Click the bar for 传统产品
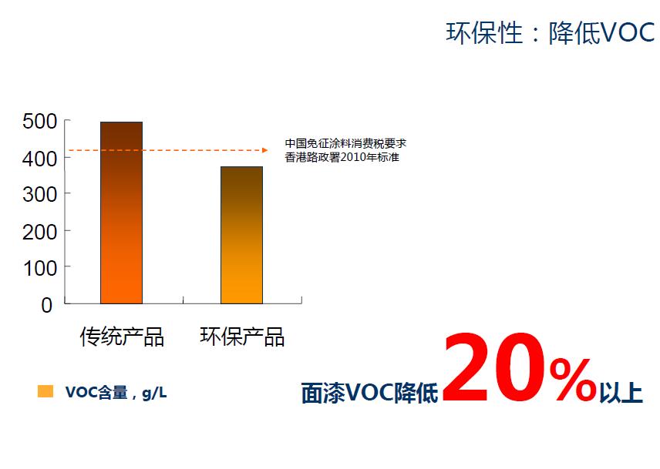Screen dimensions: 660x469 click(121, 213)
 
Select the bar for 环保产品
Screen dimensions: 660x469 click(241, 235)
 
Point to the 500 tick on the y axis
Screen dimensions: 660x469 click(39, 122)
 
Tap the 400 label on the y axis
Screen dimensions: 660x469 click(39, 159)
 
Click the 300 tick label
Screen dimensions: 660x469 click(39, 195)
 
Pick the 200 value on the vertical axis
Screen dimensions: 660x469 click(39, 232)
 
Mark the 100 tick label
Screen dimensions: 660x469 click(40, 268)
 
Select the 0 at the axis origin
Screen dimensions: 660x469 click(47, 305)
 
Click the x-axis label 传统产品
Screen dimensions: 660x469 click(122, 337)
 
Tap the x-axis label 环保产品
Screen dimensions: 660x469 click(242, 337)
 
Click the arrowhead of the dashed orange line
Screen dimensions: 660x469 click(264, 150)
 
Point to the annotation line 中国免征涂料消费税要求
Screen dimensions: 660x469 click(345, 143)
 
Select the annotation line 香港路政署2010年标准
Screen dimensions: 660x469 click(342, 157)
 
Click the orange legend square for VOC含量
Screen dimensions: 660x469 click(45, 391)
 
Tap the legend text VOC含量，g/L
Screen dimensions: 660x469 click(116, 393)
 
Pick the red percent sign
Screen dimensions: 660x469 click(573, 380)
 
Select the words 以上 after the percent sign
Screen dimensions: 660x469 click(621, 392)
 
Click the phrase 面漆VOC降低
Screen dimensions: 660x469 click(369, 393)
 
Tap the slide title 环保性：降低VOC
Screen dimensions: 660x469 click(551, 33)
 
